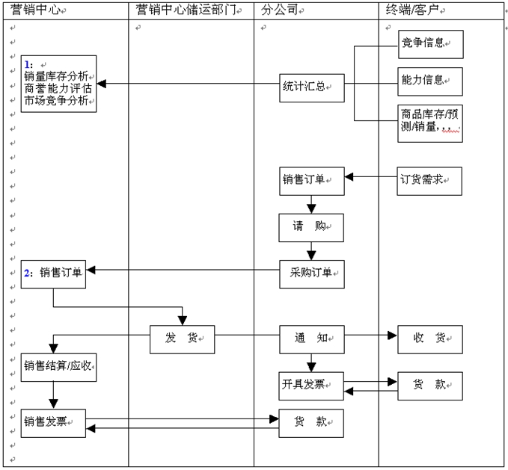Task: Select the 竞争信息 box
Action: coord(429,44)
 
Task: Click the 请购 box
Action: coord(311,228)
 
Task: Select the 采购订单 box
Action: coord(311,273)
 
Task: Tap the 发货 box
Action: coord(182,339)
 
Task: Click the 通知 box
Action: coord(311,339)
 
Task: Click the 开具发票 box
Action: coord(311,385)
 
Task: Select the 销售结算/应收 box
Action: coord(58,366)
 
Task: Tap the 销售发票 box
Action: coord(52,423)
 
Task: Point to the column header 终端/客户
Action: coord(415,10)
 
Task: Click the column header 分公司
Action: coord(281,10)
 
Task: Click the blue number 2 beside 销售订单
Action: coord(28,273)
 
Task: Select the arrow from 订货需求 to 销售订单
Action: coord(370,178)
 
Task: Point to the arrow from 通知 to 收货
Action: coord(370,337)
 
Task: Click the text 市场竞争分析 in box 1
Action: coord(56,101)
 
